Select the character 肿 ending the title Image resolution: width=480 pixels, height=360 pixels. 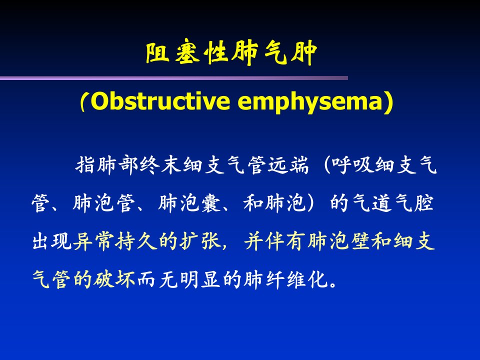(x=304, y=52)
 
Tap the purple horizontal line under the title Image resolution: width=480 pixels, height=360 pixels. (x=174, y=78)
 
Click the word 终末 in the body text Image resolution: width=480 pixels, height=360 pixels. (x=160, y=165)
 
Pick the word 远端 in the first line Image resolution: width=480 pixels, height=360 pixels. (x=288, y=165)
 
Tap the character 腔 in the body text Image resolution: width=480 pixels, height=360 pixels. (x=424, y=203)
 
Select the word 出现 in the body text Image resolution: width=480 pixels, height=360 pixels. (x=52, y=241)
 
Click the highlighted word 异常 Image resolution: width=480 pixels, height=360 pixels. (x=94, y=241)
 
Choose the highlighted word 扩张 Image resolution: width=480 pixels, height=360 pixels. (x=201, y=241)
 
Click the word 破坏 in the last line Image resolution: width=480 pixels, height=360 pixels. (x=114, y=279)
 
